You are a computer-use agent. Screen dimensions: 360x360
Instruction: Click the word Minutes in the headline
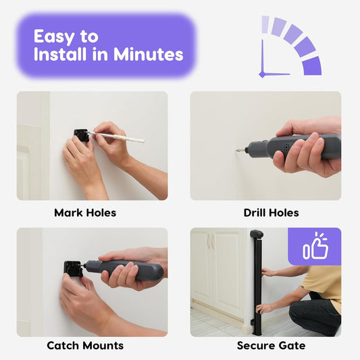pyautogui.click(x=149, y=54)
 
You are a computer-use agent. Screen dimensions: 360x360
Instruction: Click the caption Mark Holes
pyautogui.click(x=85, y=213)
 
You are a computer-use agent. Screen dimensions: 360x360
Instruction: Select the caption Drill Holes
pyautogui.click(x=271, y=213)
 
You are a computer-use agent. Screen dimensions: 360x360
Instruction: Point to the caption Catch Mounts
pyautogui.click(x=85, y=345)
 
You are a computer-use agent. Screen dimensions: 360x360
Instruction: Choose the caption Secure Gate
pyautogui.click(x=271, y=345)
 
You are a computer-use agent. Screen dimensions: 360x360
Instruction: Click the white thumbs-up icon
pyautogui.click(x=315, y=246)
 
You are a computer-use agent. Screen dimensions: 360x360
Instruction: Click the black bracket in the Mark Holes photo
pyautogui.click(x=81, y=136)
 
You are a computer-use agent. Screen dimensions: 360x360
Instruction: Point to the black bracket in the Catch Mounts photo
pyautogui.click(x=73, y=269)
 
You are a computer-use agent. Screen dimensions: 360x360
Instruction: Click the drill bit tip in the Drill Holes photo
pyautogui.click(x=236, y=151)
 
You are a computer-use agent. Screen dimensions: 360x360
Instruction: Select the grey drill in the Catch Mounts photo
pyautogui.click(x=124, y=270)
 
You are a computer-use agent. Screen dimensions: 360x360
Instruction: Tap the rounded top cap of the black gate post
pyautogui.click(x=257, y=234)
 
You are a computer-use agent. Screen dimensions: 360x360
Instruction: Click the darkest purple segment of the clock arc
pyautogui.click(x=312, y=66)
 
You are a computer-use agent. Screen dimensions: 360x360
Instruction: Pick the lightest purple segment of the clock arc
pyautogui.click(x=265, y=24)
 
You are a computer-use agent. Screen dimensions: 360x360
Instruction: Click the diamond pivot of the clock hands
pyautogui.click(x=262, y=74)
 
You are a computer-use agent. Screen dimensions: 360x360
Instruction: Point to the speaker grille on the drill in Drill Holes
pyautogui.click(x=286, y=147)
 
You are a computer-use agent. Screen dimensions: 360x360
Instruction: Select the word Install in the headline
pyautogui.click(x=61, y=54)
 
